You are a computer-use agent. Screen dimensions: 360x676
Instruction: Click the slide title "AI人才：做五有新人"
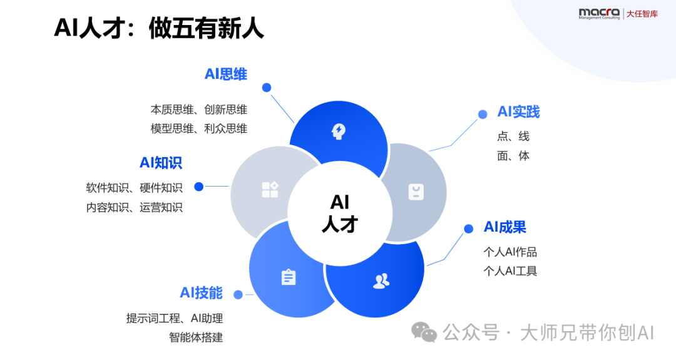click(159, 28)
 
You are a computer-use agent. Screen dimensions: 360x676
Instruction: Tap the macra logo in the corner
click(599, 13)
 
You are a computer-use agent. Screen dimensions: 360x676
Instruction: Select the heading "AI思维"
click(225, 75)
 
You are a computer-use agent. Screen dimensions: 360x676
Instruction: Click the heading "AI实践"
click(518, 112)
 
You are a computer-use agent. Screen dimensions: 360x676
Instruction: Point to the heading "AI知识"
click(160, 163)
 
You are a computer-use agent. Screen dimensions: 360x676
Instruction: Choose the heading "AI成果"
click(505, 227)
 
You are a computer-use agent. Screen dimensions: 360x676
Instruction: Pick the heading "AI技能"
click(201, 292)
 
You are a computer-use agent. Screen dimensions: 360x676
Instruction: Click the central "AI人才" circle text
click(339, 213)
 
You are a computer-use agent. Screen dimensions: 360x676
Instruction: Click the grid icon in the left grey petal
click(270, 190)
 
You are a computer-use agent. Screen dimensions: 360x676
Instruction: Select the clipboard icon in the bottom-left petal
click(288, 277)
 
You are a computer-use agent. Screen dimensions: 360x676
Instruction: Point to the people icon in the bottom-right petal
click(381, 281)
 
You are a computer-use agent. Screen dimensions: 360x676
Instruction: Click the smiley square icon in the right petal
click(416, 192)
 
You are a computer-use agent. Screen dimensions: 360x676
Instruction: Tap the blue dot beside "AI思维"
click(267, 88)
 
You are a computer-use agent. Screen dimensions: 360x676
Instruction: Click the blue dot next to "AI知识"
click(199, 186)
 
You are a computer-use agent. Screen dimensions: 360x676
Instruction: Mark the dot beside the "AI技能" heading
click(237, 294)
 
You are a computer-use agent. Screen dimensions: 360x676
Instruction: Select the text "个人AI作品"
click(510, 252)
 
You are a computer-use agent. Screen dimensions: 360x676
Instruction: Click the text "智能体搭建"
click(196, 337)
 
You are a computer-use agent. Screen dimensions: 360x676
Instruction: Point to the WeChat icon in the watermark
click(424, 332)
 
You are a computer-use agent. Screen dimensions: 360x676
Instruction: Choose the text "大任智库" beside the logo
click(642, 13)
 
